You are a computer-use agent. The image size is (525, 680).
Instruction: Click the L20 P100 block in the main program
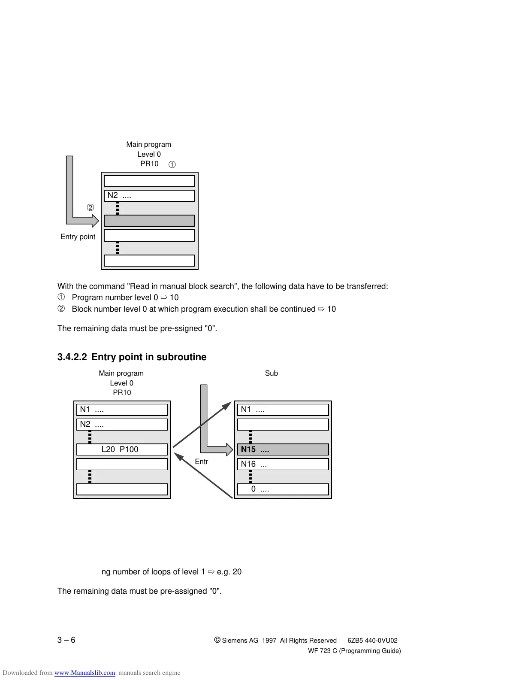pyautogui.click(x=122, y=449)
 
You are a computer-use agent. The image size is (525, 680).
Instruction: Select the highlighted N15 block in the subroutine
pyautogui.click(x=283, y=449)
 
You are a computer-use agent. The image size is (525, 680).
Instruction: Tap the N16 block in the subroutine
pyautogui.click(x=283, y=464)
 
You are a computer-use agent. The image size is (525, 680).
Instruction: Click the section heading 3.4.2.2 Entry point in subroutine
pyautogui.click(x=132, y=357)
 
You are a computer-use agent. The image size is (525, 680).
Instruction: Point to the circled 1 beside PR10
pyautogui.click(x=172, y=164)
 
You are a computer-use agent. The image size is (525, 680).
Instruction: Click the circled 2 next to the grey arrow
pyautogui.click(x=91, y=208)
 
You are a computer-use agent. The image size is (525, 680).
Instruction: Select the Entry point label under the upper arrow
pyautogui.click(x=78, y=237)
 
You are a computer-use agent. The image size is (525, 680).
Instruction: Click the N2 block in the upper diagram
pyautogui.click(x=149, y=195)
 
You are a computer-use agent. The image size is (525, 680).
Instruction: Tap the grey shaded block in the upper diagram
pyautogui.click(x=149, y=221)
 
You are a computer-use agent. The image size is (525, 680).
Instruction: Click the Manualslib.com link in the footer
pyautogui.click(x=85, y=673)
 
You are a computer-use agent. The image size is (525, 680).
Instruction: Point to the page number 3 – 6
pyautogui.click(x=66, y=640)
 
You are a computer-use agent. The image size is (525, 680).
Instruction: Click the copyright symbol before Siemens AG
pyautogui.click(x=217, y=640)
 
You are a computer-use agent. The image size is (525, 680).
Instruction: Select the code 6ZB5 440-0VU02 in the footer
pyautogui.click(x=372, y=641)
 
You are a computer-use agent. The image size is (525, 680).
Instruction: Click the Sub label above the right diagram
pyautogui.click(x=272, y=373)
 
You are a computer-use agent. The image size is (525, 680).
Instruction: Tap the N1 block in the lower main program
pyautogui.click(x=122, y=410)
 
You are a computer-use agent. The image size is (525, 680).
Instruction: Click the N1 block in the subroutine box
pyautogui.click(x=283, y=410)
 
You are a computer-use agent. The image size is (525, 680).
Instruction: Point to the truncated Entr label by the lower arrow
pyautogui.click(x=202, y=462)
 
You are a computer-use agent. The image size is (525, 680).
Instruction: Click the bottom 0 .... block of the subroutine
pyautogui.click(x=283, y=489)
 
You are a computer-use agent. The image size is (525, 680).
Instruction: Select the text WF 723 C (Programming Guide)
pyautogui.click(x=354, y=651)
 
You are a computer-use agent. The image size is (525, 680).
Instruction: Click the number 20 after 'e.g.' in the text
pyautogui.click(x=237, y=572)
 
